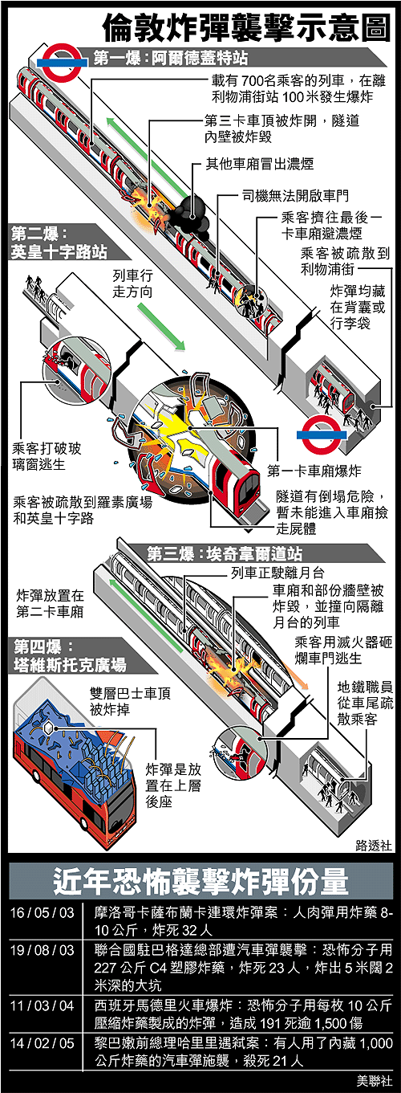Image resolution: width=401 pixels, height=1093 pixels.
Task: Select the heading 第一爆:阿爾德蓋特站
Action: point(171,59)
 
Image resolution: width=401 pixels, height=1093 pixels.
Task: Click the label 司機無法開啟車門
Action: point(295,196)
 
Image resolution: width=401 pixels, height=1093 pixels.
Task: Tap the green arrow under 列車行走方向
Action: point(161,326)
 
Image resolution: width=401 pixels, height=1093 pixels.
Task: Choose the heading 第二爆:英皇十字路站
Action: point(59,243)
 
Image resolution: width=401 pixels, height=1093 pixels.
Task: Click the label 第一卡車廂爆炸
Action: point(314,471)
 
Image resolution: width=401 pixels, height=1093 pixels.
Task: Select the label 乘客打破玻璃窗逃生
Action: point(47,456)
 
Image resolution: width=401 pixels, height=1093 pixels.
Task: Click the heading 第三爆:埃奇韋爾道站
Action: point(225,554)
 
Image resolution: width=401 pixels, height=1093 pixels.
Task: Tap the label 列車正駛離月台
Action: point(277,573)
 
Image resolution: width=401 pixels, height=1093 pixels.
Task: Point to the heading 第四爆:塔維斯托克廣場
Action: point(70,656)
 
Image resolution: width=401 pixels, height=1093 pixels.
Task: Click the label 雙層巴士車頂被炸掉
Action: point(130,701)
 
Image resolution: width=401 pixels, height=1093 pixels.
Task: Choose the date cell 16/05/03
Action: point(42,912)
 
